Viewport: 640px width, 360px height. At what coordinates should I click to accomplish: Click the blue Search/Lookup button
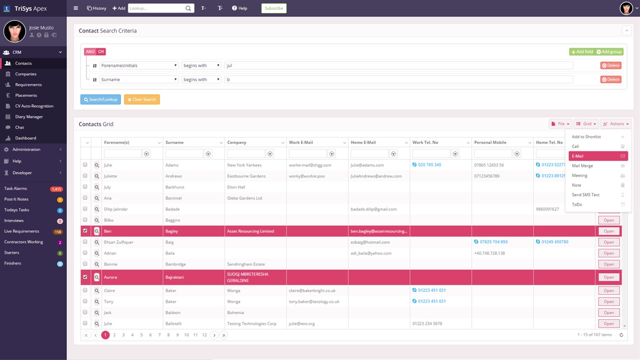point(101,99)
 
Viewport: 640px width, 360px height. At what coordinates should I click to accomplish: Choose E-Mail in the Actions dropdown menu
point(598,156)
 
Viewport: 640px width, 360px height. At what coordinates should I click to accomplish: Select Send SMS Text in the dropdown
point(586,195)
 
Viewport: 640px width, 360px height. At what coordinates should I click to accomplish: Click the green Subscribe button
point(274,8)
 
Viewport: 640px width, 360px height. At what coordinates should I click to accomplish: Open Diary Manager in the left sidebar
point(29,117)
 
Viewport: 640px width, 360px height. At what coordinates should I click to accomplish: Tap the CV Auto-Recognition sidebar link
point(34,106)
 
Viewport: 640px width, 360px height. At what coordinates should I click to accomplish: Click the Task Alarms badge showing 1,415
point(57,189)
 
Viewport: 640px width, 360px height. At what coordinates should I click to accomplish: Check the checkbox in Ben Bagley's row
point(85,231)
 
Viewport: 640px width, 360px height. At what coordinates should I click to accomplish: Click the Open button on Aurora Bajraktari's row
point(608,277)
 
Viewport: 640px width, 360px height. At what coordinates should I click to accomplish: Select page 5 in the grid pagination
point(141,335)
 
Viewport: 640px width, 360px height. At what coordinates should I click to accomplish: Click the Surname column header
point(175,143)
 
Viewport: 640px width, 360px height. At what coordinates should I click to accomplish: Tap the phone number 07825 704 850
point(493,242)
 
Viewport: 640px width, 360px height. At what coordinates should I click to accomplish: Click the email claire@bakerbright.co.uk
point(312,290)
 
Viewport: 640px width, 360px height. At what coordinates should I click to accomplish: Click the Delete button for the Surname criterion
point(611,80)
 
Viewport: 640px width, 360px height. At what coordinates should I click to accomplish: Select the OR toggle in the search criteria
point(101,52)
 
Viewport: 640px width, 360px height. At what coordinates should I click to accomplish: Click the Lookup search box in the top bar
point(156,8)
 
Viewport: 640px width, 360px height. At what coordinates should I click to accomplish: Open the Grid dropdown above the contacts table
point(586,124)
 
